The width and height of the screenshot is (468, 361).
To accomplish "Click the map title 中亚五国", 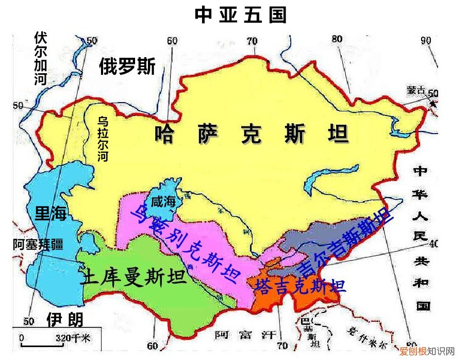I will (x=240, y=15).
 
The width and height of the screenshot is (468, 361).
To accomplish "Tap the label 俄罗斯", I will (x=127, y=67).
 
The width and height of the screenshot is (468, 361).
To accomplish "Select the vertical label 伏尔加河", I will (x=41, y=58).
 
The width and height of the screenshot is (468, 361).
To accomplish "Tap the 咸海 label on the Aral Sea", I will (x=163, y=203).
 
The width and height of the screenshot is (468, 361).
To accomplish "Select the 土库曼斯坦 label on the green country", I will (x=133, y=278).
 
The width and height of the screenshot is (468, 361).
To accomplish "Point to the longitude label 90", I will (x=426, y=41).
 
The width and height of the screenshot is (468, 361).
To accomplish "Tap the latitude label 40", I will (x=433, y=243).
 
